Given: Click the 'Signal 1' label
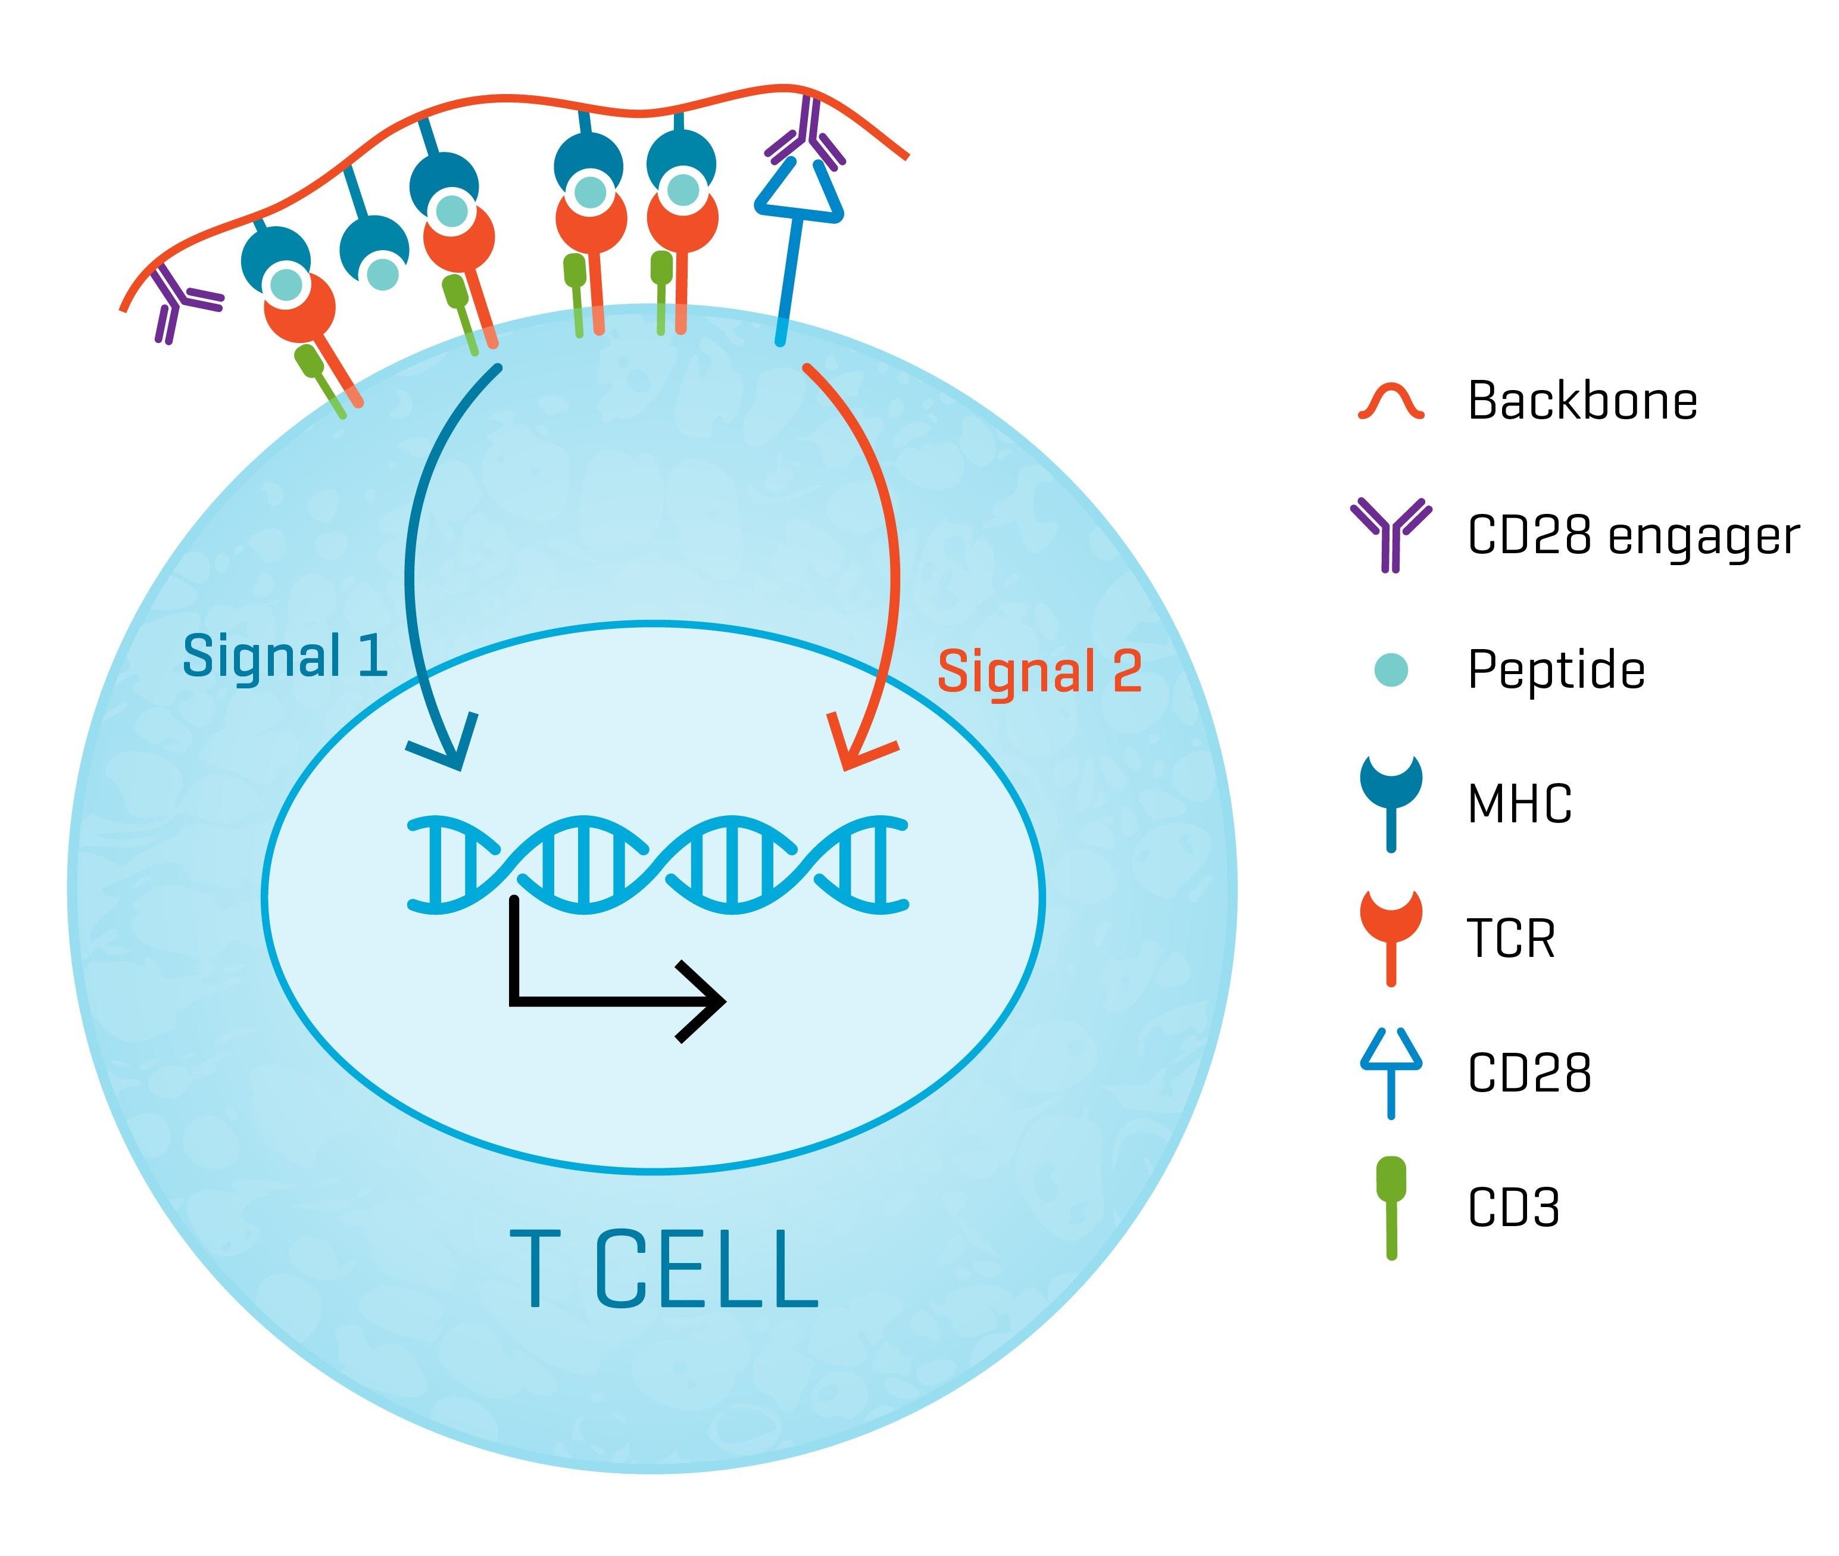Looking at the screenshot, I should [284, 656].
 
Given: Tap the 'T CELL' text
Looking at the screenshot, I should [663, 1270].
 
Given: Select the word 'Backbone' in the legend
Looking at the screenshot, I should [1581, 401].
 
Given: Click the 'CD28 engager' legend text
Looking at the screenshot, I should [1632, 535].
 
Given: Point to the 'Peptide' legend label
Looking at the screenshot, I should [1556, 669].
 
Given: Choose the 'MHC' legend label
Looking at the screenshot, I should [1519, 803].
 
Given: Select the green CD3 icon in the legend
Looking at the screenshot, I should [1391, 1206].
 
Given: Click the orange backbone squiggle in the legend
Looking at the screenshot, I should [1391, 401].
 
